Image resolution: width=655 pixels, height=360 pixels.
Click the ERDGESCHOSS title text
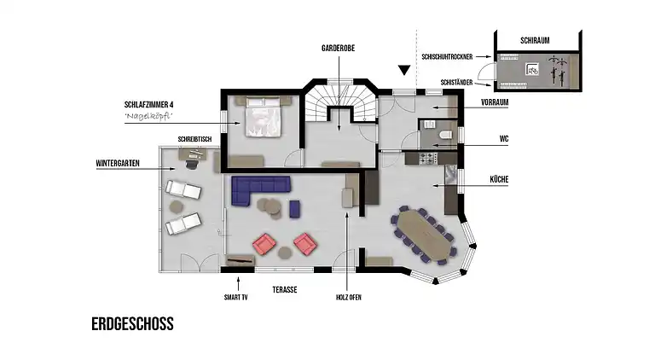[x=132, y=324]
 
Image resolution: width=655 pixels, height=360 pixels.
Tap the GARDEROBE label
[x=338, y=48]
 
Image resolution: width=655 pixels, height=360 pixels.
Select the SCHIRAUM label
[x=535, y=40]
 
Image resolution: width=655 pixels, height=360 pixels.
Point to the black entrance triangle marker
[x=404, y=70]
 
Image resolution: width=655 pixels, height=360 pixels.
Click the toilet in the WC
[x=445, y=135]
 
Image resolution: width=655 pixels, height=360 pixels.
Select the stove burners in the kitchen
[x=428, y=159]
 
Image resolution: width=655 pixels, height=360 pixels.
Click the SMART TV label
[x=236, y=298]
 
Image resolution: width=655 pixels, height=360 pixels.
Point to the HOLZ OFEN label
[x=348, y=298]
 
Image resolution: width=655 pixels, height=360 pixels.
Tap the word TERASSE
[x=285, y=289]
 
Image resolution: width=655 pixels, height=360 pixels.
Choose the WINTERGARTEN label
[x=118, y=163]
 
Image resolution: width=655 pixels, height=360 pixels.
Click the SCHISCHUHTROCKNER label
[x=447, y=57]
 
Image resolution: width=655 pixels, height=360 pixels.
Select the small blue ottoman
[x=295, y=209]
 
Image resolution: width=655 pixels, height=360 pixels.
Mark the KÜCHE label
[x=499, y=180]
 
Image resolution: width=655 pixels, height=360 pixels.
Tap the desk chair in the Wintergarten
[x=192, y=164]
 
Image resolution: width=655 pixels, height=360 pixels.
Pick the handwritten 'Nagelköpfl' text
[x=148, y=116]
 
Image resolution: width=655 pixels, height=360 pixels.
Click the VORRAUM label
[x=495, y=102]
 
